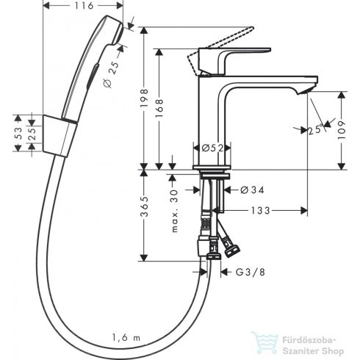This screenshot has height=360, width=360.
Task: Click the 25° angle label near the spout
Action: coord(317,129)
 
